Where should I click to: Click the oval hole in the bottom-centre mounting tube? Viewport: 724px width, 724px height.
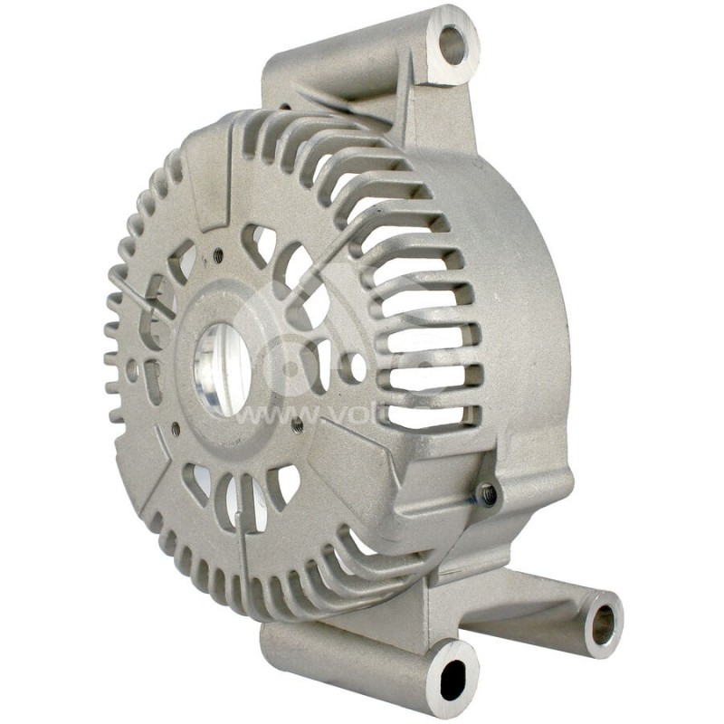click(452, 678)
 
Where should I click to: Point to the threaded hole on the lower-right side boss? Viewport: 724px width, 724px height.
click(486, 493)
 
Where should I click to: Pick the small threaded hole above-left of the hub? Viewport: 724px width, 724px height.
click(217, 257)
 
